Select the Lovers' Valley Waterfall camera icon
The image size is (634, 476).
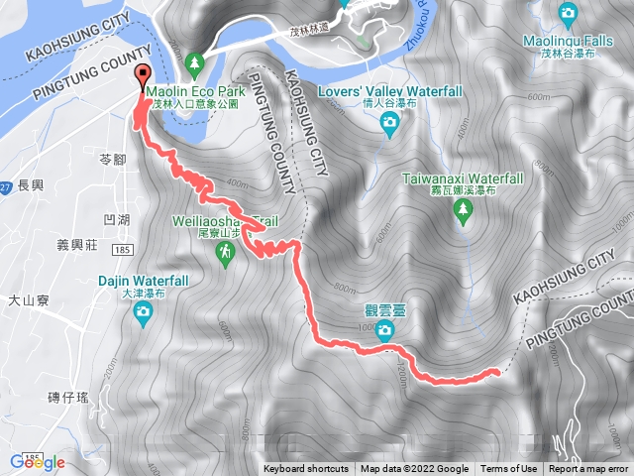[389, 122]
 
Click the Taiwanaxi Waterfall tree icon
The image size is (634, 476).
[462, 208]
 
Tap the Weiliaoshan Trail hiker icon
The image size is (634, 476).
[227, 255]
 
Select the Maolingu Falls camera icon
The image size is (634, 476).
[568, 13]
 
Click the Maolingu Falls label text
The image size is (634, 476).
[568, 42]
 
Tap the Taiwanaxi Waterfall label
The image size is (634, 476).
[463, 178]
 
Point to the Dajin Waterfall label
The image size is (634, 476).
[144, 281]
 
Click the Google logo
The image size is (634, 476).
[38, 462]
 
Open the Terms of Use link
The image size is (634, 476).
[509, 469]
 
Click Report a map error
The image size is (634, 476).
[588, 469]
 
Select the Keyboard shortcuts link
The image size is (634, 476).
[305, 469]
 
